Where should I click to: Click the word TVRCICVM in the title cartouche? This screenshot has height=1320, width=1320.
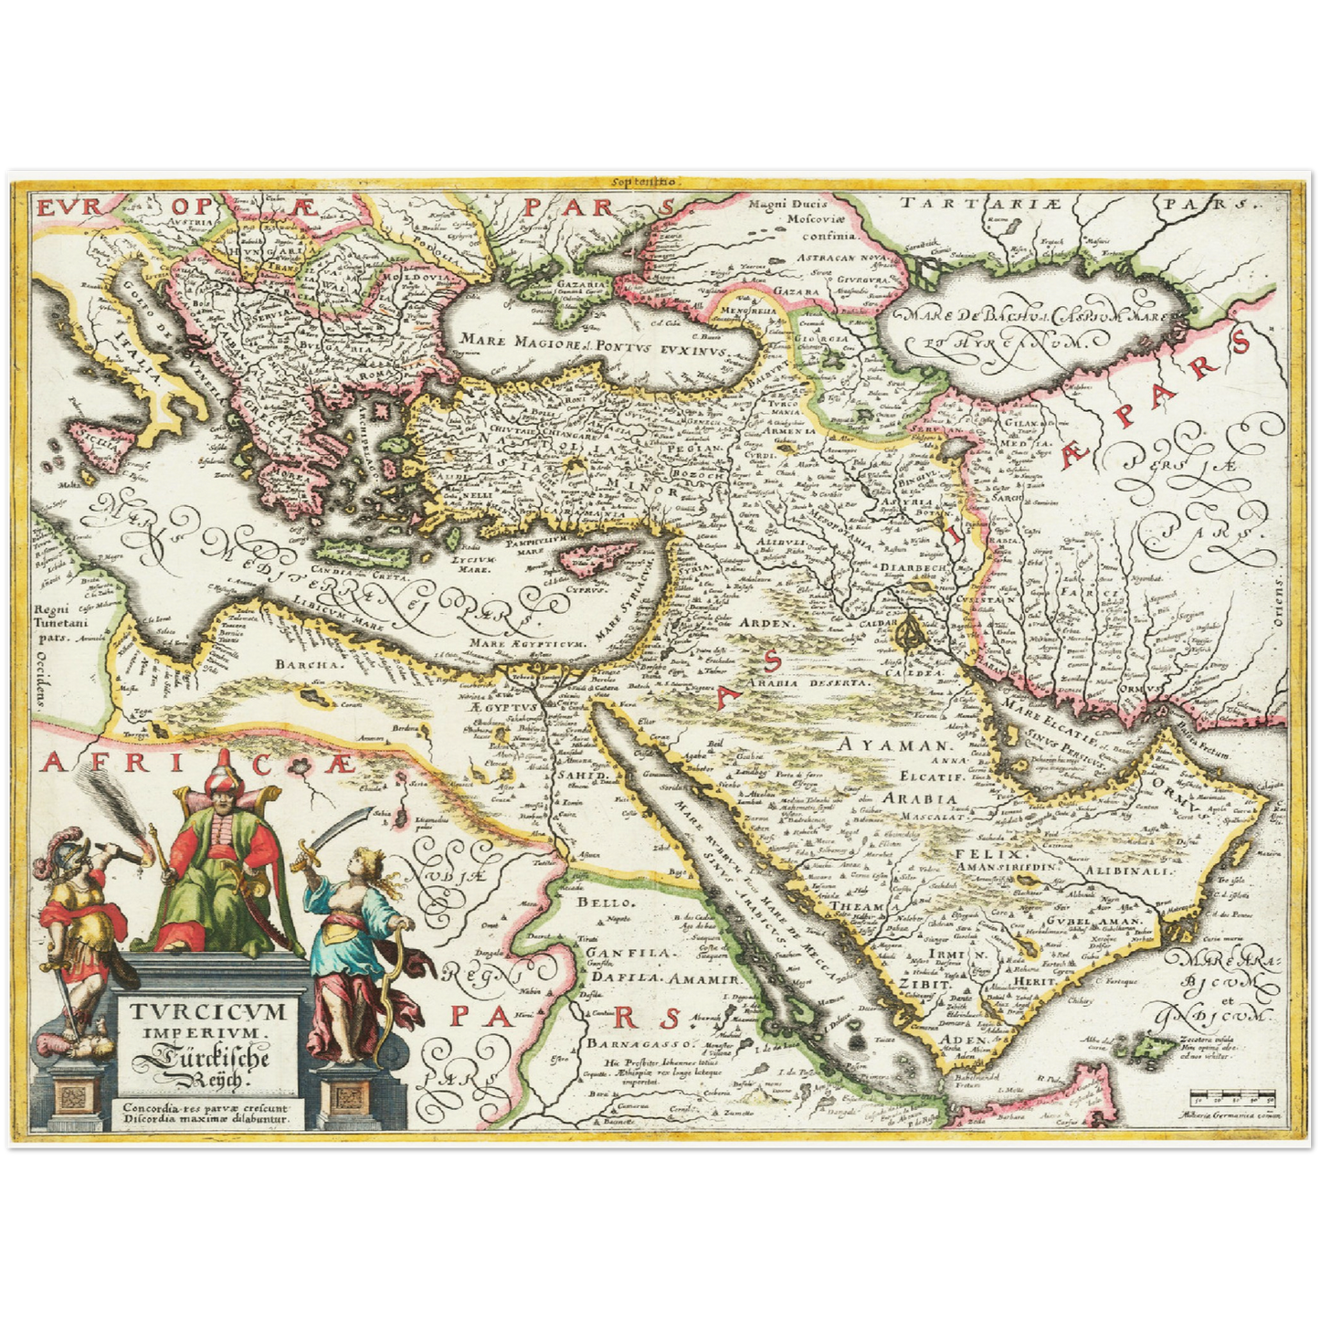click(208, 1011)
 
